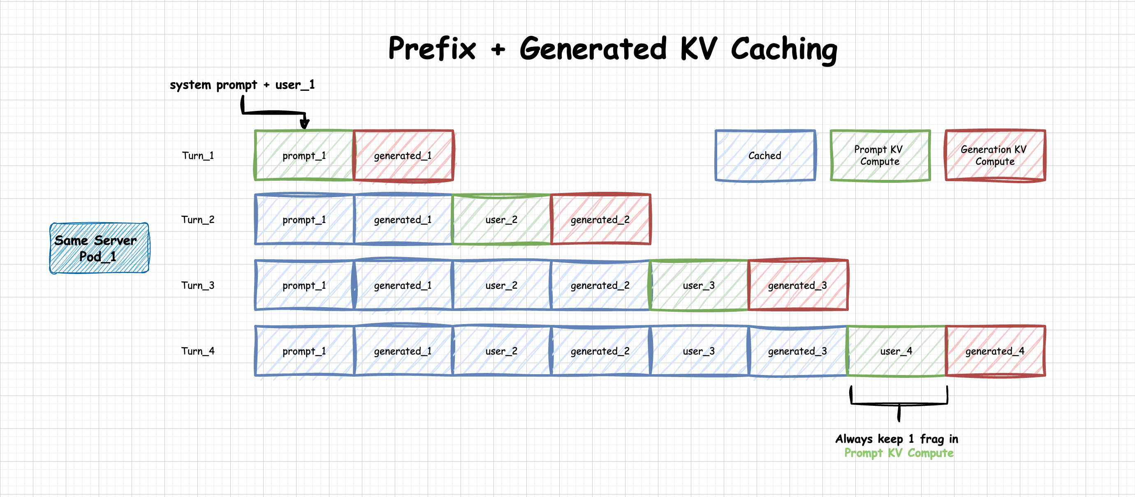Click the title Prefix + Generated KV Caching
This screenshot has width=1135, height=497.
click(x=612, y=48)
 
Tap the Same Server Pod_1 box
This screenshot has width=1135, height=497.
click(x=99, y=248)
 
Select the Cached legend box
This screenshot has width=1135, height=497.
click(x=765, y=155)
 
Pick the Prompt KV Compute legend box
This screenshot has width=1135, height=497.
click(x=880, y=155)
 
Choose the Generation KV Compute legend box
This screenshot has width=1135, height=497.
click(x=995, y=155)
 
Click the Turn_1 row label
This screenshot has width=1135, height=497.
click(x=198, y=156)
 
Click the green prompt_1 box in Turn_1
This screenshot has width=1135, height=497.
click(x=304, y=155)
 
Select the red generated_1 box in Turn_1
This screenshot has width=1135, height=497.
click(x=403, y=155)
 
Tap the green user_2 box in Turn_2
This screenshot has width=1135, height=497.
click(x=501, y=220)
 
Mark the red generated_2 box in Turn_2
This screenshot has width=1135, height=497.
click(x=600, y=220)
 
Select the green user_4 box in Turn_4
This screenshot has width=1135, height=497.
click(x=896, y=351)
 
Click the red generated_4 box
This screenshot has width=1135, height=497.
click(x=995, y=351)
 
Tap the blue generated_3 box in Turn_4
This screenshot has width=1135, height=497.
click(x=797, y=351)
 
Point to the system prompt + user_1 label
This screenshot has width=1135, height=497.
click(x=242, y=85)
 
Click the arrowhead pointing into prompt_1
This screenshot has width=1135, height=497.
click(x=304, y=124)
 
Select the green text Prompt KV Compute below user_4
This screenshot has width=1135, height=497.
click(x=899, y=453)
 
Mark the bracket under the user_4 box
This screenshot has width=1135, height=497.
click(x=899, y=403)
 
